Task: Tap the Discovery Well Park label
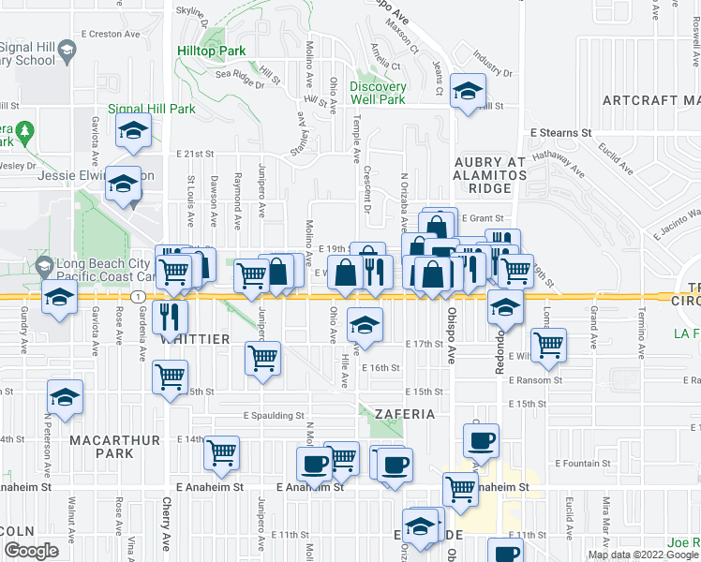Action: coord(378,93)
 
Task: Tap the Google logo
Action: coord(30,551)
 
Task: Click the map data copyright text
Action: coord(642,555)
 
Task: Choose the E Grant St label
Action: coord(484,217)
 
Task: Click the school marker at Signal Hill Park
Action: coord(134,132)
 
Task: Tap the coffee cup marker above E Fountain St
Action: coord(481,440)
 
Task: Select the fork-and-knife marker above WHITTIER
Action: coord(170,315)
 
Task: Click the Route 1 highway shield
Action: coord(138,297)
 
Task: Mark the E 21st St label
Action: coord(194,153)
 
